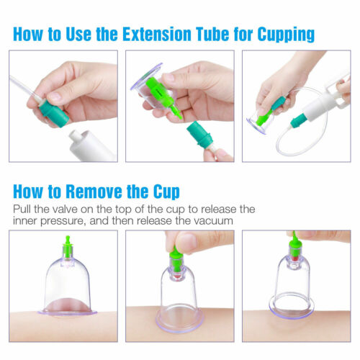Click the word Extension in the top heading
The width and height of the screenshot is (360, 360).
[157, 34]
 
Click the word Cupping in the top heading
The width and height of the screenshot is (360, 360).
[286, 35]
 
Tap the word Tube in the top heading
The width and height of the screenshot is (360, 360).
[212, 34]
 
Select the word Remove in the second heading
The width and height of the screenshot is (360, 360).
[94, 192]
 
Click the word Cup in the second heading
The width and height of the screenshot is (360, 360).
[166, 192]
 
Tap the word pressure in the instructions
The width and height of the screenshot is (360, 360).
[63, 222]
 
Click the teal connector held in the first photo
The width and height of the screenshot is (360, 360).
[54, 113]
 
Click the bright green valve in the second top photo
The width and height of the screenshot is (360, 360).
[164, 96]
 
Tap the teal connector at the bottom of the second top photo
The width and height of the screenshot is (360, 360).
[200, 135]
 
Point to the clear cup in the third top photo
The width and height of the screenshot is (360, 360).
[261, 122]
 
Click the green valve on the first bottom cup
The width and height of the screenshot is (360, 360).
[68, 247]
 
